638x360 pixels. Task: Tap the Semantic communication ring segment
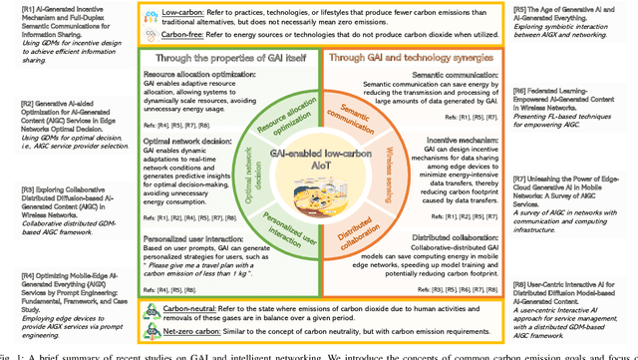[361, 117]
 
